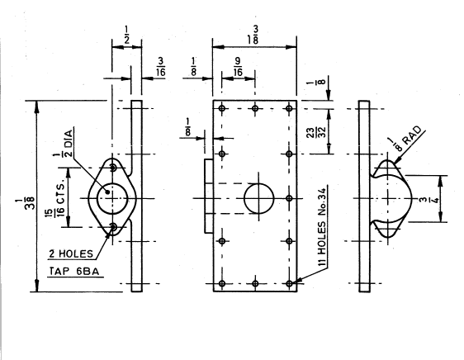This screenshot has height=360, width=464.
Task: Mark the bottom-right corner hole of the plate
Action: [289, 284]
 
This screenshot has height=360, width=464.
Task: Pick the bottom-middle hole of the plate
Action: [256, 284]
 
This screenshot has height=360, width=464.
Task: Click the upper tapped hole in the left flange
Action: [111, 168]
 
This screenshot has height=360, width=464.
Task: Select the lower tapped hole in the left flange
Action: [111, 228]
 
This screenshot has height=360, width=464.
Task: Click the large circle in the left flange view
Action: [111, 198]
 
